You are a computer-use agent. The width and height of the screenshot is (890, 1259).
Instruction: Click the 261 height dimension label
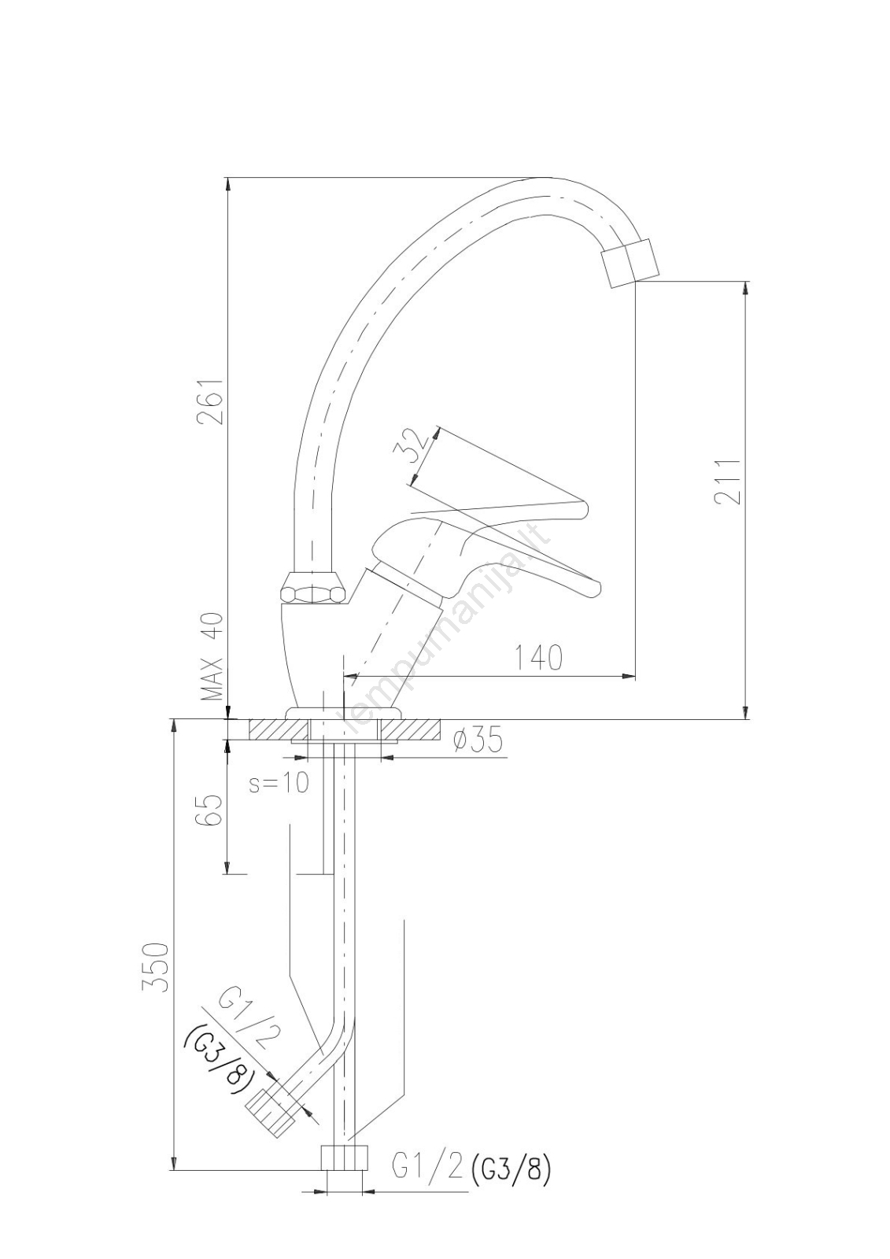point(211,401)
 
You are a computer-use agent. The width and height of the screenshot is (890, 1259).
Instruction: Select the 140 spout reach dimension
point(538,658)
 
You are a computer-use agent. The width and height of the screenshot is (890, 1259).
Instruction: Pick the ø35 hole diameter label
point(477,742)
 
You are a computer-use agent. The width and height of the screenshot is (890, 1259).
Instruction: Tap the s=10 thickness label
point(279,784)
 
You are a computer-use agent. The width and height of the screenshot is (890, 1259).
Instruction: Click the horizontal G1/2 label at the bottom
point(427,1168)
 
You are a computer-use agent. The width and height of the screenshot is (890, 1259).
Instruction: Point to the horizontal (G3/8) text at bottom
point(508,1169)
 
